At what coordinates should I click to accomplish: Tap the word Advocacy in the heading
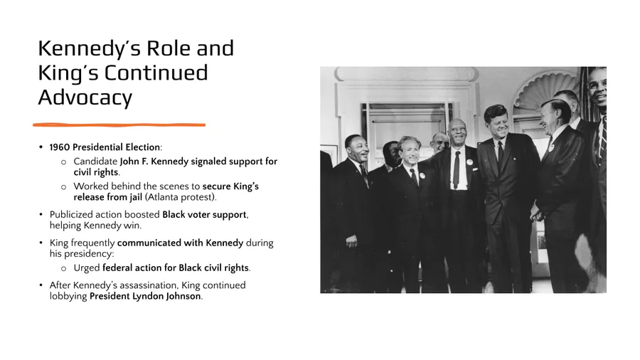point(85,98)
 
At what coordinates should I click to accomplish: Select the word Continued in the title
point(156,73)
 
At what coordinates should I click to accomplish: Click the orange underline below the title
point(119,125)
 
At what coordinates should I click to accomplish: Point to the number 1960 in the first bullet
point(60,147)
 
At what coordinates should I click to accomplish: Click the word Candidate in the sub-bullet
point(95,162)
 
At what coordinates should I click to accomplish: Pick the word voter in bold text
point(198,215)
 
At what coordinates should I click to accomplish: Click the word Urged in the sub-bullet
point(87,268)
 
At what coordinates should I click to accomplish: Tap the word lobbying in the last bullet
point(68,297)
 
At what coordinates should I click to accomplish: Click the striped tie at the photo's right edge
point(603,139)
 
